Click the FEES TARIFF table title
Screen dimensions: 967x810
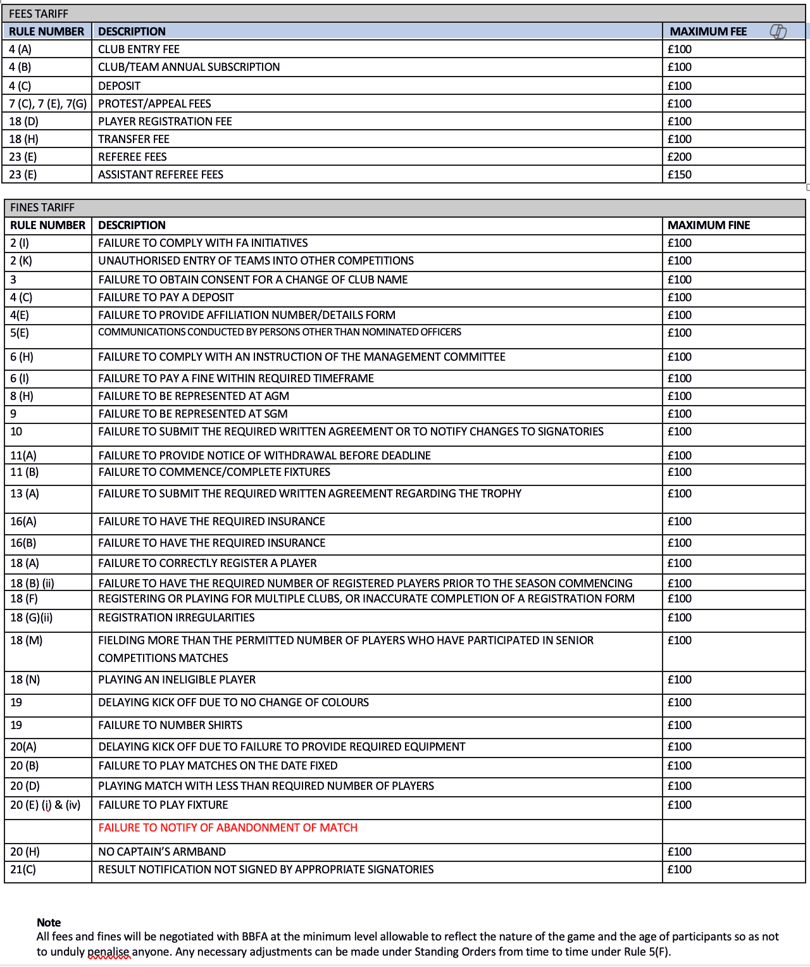tap(39, 14)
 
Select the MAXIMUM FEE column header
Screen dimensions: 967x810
tap(708, 32)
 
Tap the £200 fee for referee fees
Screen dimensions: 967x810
tap(680, 157)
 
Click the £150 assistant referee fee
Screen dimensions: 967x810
tap(680, 175)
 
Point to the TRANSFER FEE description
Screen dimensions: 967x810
tap(134, 139)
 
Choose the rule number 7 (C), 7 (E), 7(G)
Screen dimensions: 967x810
tap(48, 104)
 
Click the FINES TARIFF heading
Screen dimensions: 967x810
tap(42, 208)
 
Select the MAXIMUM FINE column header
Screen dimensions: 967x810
tap(709, 225)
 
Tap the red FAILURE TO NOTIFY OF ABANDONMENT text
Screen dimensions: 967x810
tap(228, 828)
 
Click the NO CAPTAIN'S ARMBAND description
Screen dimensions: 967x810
tap(162, 852)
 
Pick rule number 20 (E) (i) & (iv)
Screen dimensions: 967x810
tap(46, 805)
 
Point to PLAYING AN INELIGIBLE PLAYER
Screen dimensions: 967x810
tap(177, 680)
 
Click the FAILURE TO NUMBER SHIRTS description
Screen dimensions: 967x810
tap(170, 725)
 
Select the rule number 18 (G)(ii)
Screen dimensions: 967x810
tap(32, 618)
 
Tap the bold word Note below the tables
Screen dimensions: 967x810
tap(49, 923)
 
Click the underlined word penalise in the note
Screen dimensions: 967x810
tap(109, 952)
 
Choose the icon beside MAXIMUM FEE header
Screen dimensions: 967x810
tap(778, 32)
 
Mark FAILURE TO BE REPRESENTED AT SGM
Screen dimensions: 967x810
tap(193, 414)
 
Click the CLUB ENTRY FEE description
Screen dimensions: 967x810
tap(139, 49)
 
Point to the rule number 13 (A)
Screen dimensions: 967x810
tap(25, 494)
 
